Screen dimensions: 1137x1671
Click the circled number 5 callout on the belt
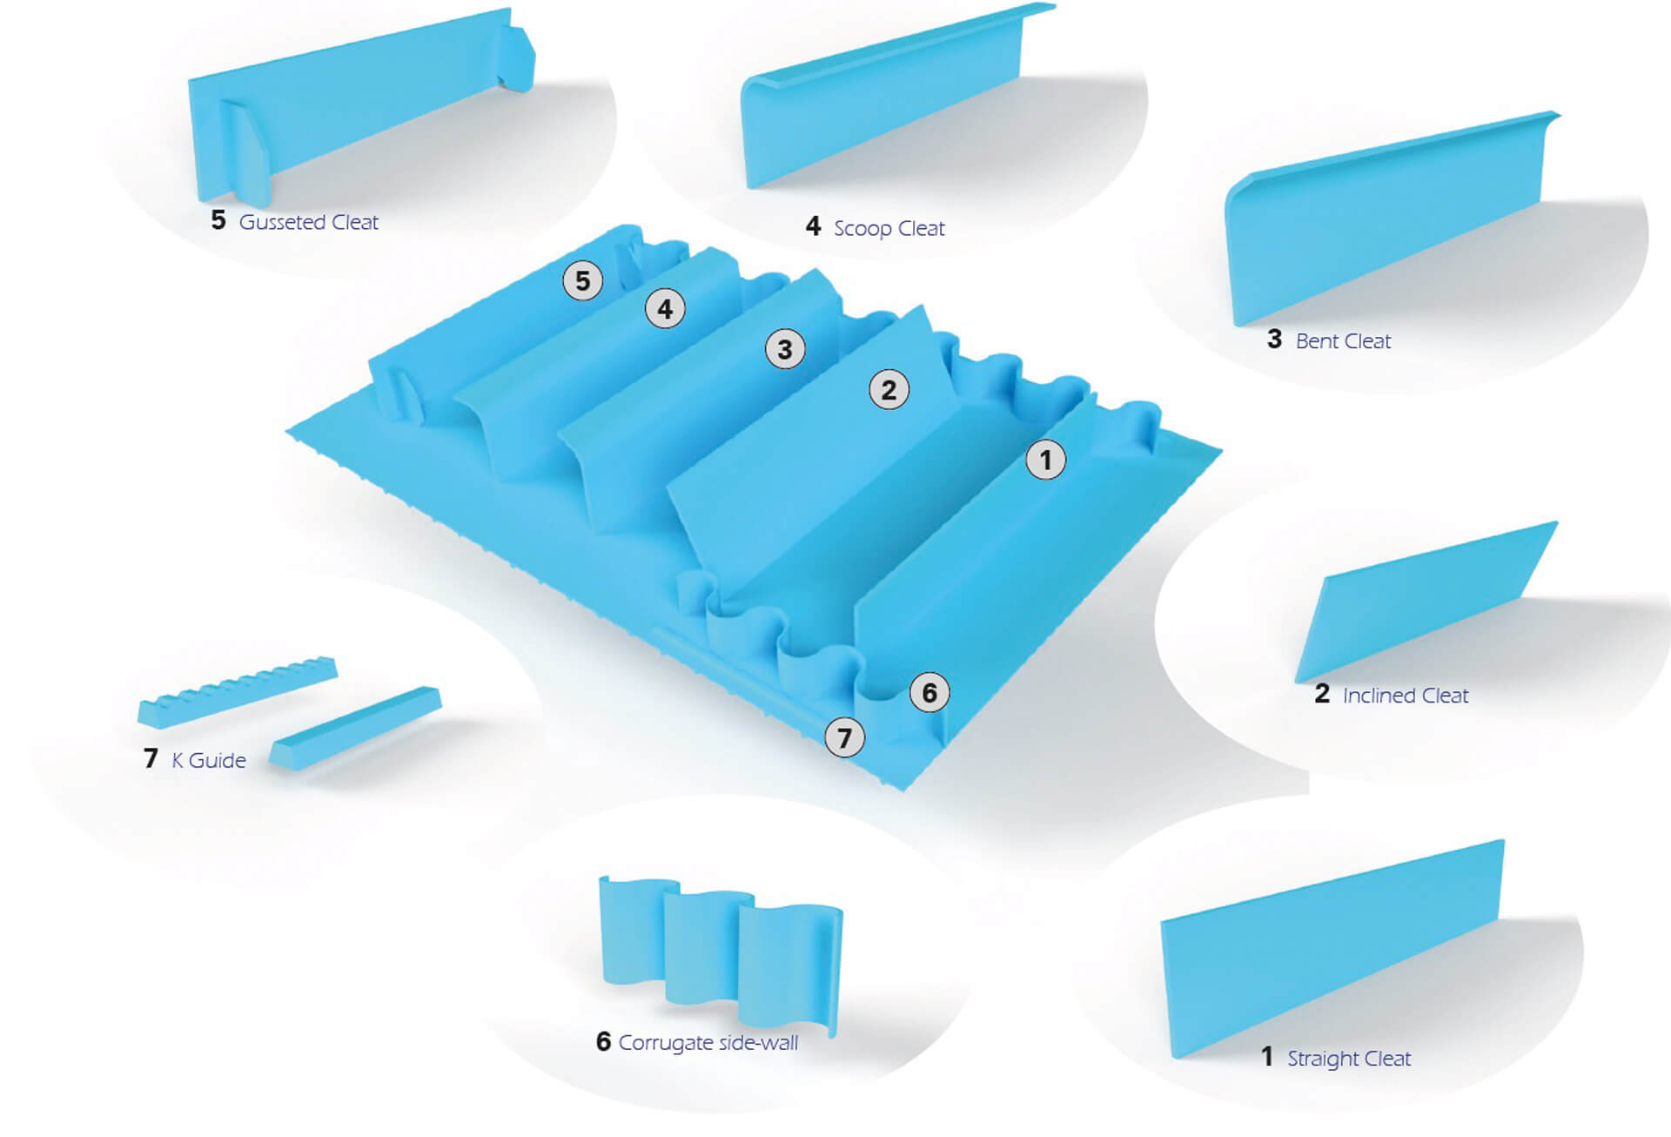(582, 281)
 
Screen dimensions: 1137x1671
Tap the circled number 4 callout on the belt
(665, 309)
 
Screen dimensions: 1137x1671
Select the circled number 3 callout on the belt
(784, 349)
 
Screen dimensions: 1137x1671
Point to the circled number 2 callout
(889, 390)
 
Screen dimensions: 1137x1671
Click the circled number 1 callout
(1045, 460)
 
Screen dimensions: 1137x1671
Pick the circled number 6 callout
(929, 693)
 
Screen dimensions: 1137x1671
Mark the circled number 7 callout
(844, 738)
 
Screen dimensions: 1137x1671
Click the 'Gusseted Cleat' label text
(308, 223)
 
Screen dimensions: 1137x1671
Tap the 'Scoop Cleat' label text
(889, 229)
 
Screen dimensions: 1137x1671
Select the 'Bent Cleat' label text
(1343, 341)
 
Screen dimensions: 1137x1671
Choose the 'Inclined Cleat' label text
(1405, 696)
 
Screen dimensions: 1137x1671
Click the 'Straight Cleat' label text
(1348, 1059)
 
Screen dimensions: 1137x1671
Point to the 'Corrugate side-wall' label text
(708, 1043)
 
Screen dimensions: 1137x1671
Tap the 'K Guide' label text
(209, 761)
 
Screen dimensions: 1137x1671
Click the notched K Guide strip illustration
(237, 692)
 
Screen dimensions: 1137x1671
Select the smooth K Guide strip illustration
(354, 727)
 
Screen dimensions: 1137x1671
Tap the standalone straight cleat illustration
(1332, 949)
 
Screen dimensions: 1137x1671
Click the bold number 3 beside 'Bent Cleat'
(1274, 340)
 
